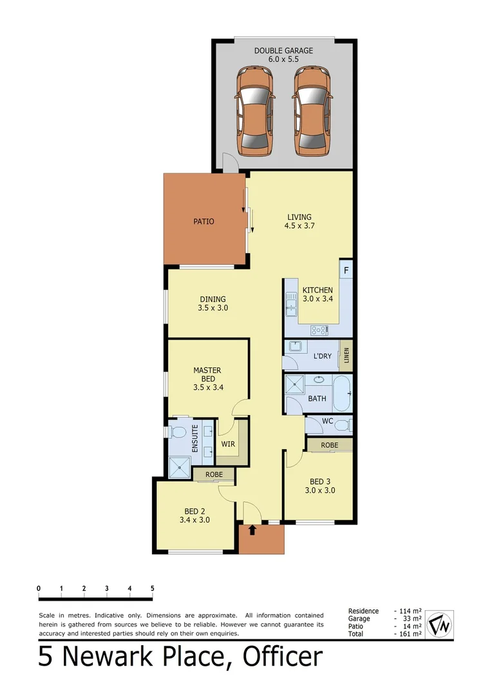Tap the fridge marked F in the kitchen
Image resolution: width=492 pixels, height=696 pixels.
[346, 270]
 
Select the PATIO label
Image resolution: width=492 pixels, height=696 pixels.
[203, 222]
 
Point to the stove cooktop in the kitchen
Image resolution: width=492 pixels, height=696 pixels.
[319, 330]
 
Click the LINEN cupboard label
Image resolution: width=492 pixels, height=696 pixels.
[346, 356]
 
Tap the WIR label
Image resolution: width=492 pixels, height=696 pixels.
[228, 444]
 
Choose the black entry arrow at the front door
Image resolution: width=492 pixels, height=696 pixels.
[252, 531]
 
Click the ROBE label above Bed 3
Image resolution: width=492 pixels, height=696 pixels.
[330, 445]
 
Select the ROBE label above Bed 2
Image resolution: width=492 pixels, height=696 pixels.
[214, 474]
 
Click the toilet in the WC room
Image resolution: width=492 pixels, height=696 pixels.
[346, 425]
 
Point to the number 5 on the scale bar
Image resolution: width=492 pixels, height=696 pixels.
[153, 588]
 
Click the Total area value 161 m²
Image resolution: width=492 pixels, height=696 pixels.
[408, 634]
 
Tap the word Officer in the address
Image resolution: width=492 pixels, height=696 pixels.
[282, 657]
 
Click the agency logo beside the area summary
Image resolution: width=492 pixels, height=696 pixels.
[440, 623]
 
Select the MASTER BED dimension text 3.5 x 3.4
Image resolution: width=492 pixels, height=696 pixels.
[207, 388]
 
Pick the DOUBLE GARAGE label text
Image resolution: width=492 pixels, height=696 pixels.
[284, 50]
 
